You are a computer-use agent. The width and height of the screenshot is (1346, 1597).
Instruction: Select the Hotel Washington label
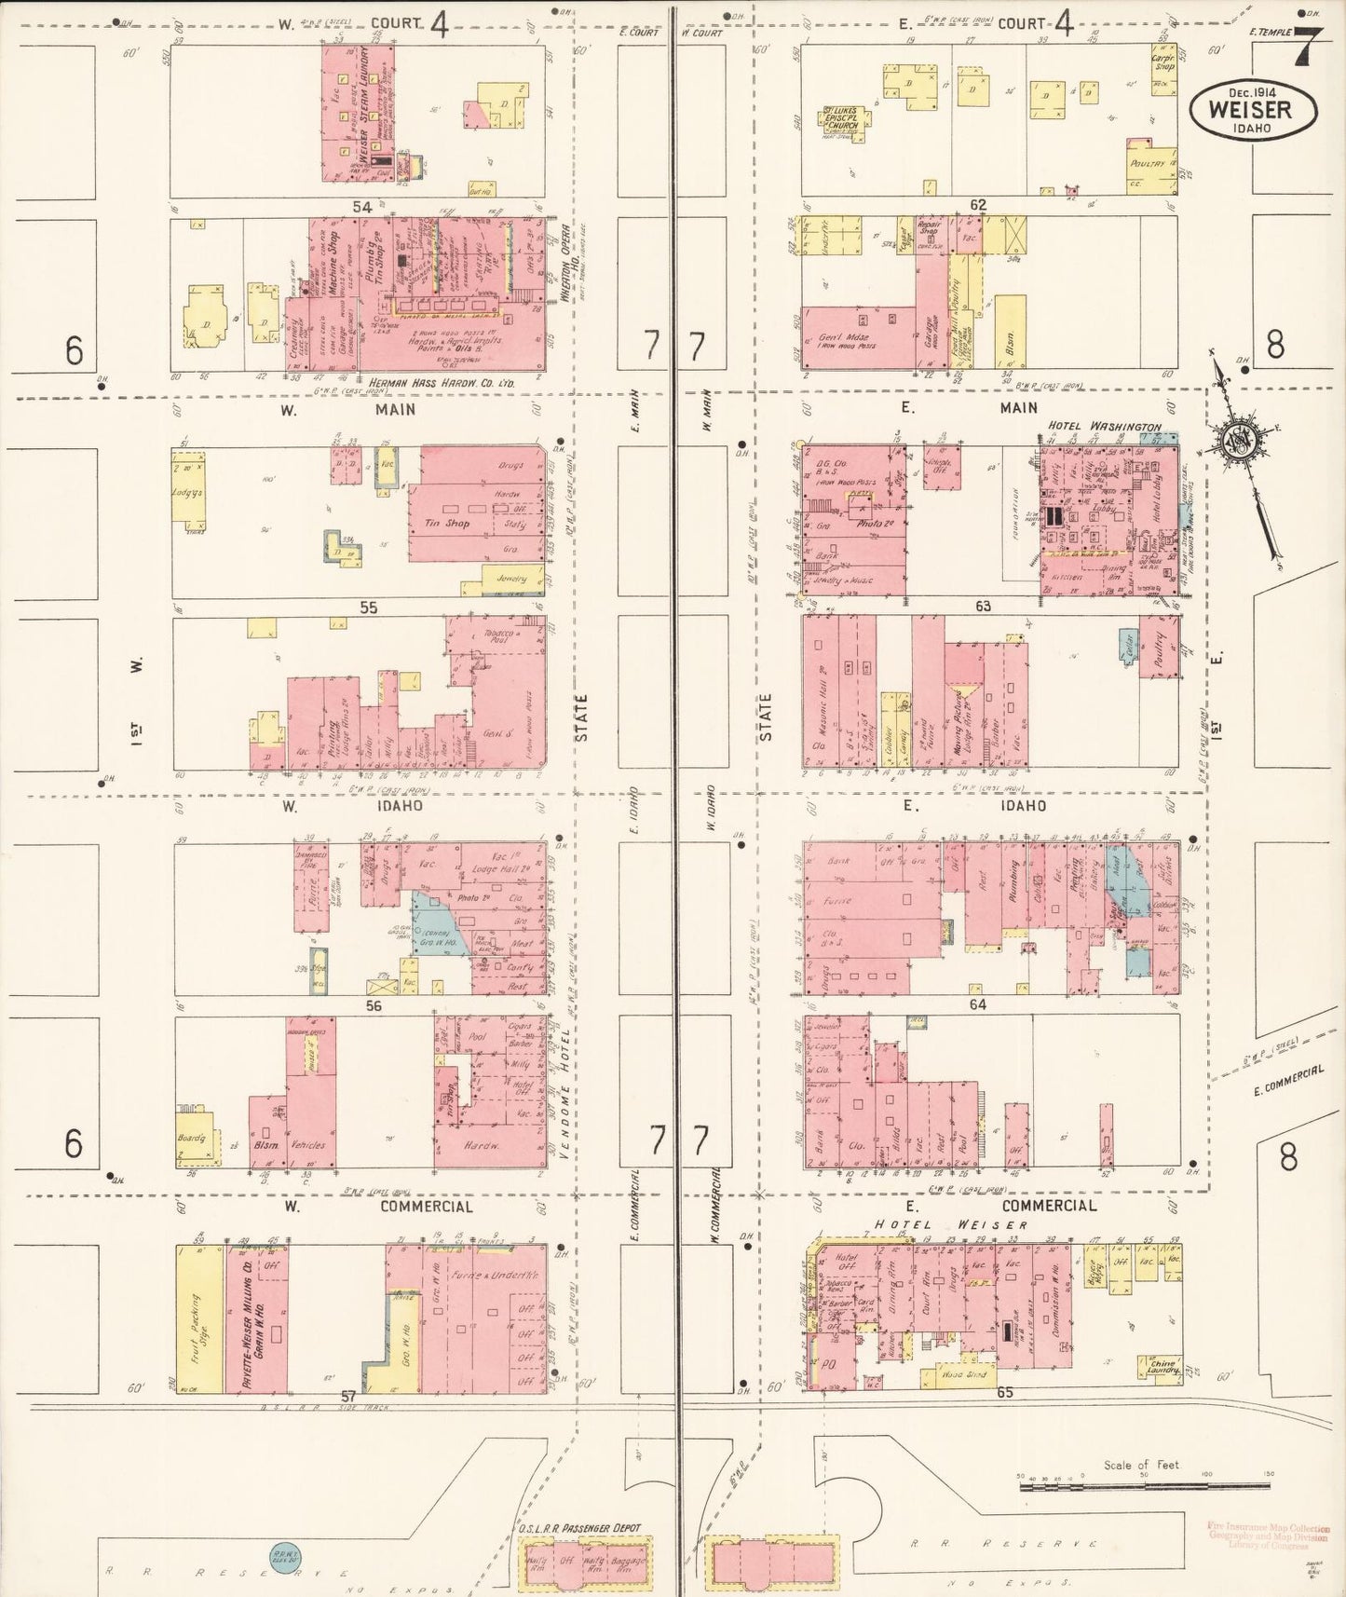(1104, 427)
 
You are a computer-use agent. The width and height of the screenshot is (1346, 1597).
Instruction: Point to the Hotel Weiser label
(950, 1225)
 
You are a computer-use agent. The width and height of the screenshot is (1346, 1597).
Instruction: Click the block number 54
(362, 205)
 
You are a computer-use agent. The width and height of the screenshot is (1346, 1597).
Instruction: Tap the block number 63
(983, 606)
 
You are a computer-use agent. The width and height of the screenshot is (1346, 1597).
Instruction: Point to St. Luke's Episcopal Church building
(846, 120)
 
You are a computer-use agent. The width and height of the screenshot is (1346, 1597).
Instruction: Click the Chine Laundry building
(1160, 1368)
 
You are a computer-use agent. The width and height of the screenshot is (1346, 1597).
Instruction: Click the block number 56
(374, 1005)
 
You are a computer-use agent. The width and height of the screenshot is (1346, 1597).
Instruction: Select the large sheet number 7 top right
(1308, 46)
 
